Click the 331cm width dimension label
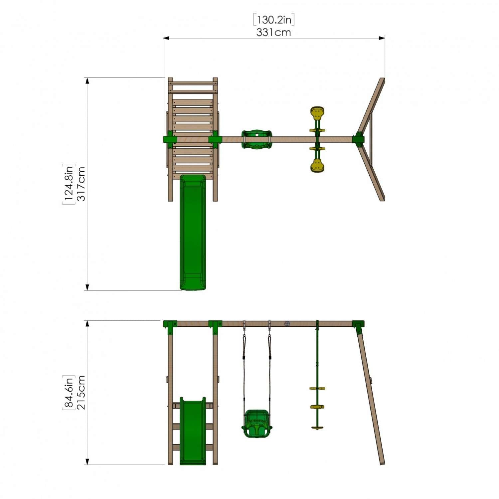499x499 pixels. [273, 33]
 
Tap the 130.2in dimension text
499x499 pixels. [274, 20]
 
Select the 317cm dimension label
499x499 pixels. [81, 184]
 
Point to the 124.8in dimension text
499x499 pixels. [69, 184]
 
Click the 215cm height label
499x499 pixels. [81, 393]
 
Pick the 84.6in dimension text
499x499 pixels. [69, 393]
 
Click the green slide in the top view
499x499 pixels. [193, 232]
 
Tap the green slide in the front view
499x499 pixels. [193, 431]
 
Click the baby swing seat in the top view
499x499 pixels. [256, 139]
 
